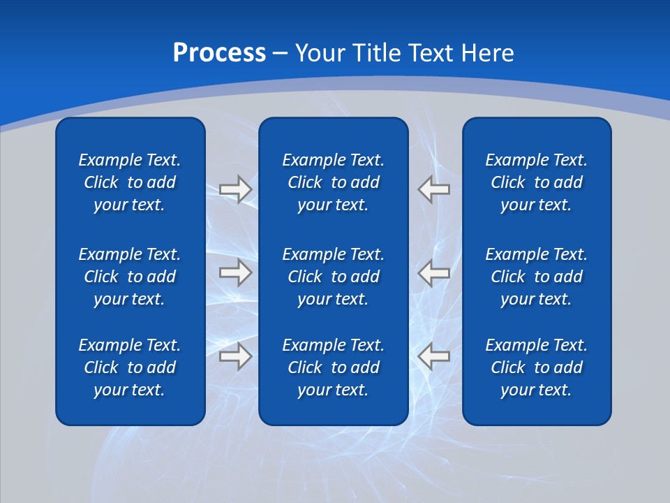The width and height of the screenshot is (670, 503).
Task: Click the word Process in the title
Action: [219, 53]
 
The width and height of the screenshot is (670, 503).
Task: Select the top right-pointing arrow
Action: [235, 189]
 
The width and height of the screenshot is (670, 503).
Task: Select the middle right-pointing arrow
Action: [235, 272]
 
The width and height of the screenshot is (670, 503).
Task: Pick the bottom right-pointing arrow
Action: [235, 357]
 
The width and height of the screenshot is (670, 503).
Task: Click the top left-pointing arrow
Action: [434, 189]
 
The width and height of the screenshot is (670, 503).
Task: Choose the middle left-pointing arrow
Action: [434, 272]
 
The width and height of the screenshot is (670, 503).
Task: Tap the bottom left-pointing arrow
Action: [434, 357]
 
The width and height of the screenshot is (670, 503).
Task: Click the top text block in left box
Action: [130, 182]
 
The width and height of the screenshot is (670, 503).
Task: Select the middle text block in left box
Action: [130, 277]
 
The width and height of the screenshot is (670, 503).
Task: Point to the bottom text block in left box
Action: [130, 367]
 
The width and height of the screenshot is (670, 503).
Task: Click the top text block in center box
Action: [333, 182]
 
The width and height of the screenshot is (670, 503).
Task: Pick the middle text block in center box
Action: [333, 277]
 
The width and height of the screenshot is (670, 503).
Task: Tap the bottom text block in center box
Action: [333, 367]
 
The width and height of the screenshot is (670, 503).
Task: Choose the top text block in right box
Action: [536, 182]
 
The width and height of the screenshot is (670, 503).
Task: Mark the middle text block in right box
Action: [536, 277]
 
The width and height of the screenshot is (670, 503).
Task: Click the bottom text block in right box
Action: [536, 367]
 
